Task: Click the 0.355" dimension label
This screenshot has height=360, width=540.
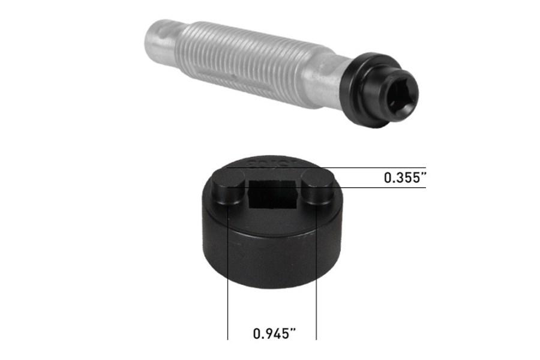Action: pyautogui.click(x=404, y=178)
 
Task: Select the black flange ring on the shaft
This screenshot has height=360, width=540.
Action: pyautogui.click(x=364, y=90)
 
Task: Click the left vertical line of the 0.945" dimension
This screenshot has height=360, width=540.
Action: pyautogui.click(x=228, y=288)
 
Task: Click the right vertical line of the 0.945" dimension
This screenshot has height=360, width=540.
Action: pyautogui.click(x=316, y=288)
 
